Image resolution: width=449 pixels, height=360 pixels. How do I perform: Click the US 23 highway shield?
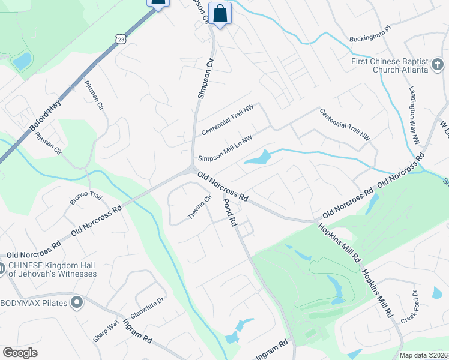tap(121, 39)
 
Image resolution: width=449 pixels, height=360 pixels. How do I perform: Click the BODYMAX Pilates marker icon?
tap(76, 302)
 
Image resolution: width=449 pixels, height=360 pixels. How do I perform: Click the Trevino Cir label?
tap(201, 208)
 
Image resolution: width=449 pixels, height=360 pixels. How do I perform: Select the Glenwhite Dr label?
tap(148, 308)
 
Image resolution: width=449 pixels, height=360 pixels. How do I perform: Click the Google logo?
tap(20, 353)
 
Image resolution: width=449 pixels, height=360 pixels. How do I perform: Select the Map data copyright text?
tap(424, 355)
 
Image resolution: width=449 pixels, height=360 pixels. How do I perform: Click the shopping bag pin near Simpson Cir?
tap(220, 13)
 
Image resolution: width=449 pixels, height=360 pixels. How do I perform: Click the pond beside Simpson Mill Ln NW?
tap(258, 158)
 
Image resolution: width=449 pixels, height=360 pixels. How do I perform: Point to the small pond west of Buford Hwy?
tap(22, 61)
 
